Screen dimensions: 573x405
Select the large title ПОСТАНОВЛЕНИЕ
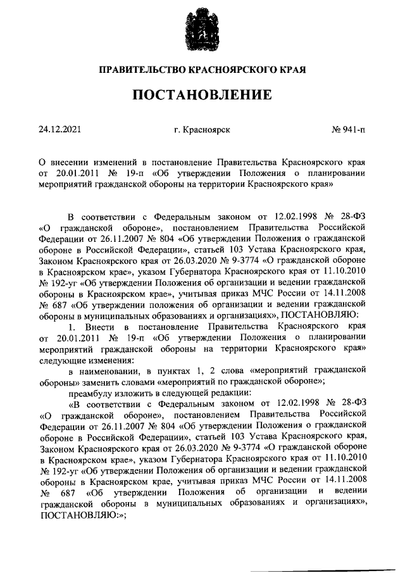[202, 96]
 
